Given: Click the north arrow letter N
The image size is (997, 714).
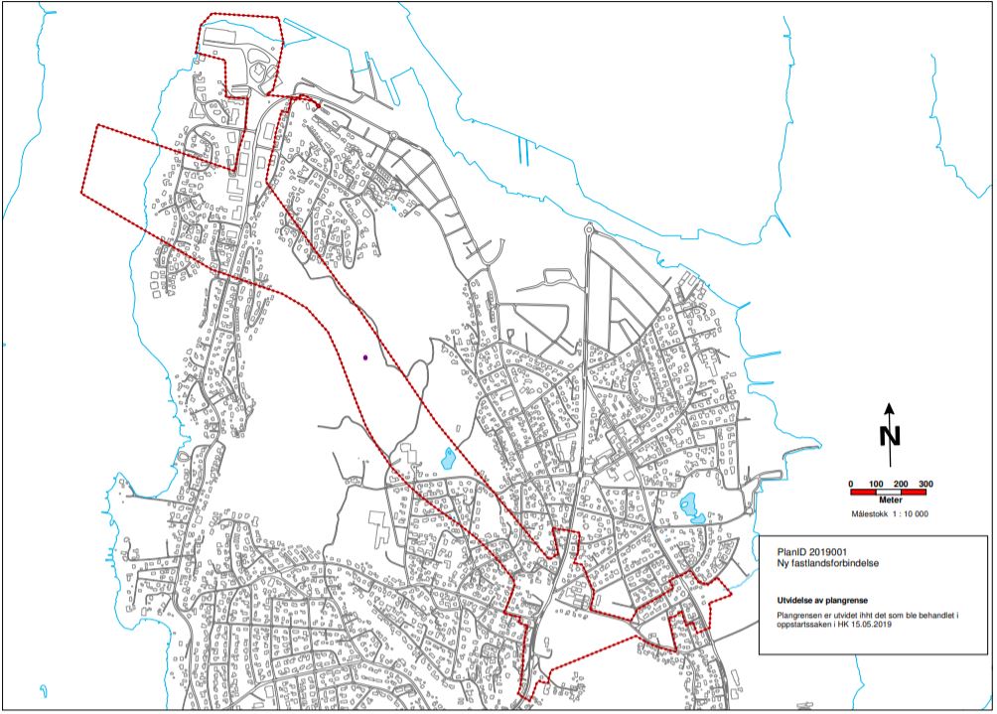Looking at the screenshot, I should [x=890, y=435].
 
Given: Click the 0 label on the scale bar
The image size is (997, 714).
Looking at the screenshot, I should [x=851, y=484].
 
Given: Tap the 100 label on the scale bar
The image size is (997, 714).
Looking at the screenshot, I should [x=876, y=484].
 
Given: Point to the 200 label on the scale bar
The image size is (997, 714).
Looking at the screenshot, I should [x=900, y=484].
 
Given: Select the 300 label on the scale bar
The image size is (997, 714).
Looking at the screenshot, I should [x=926, y=484].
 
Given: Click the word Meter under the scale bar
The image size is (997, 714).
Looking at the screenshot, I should [x=889, y=502].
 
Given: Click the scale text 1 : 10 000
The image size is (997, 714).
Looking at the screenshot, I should [x=910, y=514].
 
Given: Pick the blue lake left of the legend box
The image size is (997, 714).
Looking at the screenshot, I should [x=692, y=508].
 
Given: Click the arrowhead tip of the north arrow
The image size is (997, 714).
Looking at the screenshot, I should [x=890, y=405].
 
